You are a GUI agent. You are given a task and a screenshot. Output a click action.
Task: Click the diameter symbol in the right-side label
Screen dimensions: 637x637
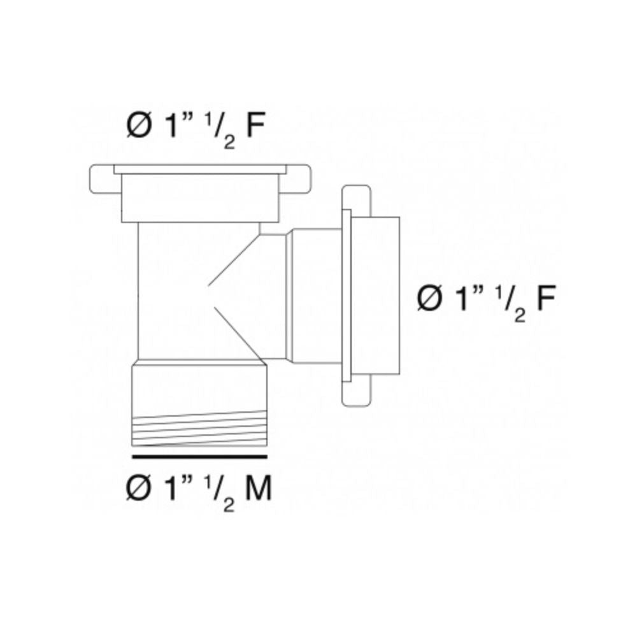[431, 298]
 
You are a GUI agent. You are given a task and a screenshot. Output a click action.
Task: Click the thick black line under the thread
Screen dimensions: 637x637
[199, 457]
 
